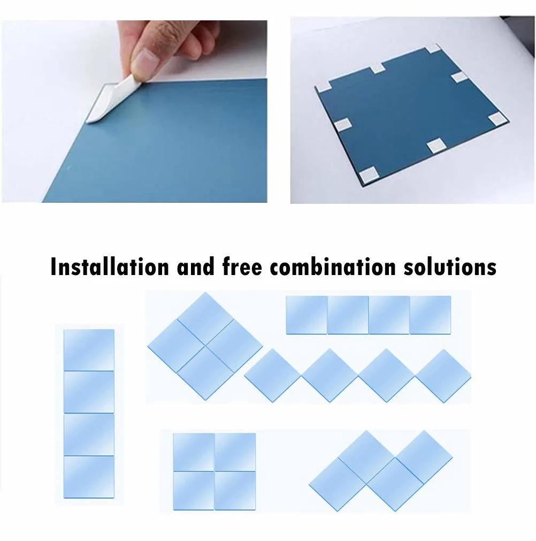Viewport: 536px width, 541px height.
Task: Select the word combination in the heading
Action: [x=333, y=266]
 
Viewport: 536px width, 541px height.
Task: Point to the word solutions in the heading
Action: [x=450, y=266]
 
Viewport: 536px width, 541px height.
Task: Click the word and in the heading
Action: [x=196, y=266]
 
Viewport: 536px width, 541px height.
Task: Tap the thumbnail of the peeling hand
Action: [x=134, y=111]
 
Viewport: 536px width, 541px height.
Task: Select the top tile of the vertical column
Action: [x=89, y=350]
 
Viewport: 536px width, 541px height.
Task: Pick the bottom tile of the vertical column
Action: [x=89, y=477]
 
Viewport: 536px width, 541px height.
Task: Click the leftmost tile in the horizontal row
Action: [x=307, y=315]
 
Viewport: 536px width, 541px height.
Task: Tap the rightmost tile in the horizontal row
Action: [x=430, y=315]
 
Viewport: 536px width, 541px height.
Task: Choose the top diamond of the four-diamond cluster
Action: [x=205, y=319]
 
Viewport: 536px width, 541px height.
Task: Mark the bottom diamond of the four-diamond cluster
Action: [x=205, y=373]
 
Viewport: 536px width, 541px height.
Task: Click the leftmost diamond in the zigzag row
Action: [x=272, y=376]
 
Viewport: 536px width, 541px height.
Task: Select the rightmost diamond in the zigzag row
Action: [x=443, y=376]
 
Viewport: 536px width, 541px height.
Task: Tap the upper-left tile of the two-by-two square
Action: [x=194, y=452]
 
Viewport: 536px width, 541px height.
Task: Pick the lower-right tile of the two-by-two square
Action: [x=235, y=490]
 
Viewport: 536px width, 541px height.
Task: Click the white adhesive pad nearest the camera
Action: [x=369, y=174]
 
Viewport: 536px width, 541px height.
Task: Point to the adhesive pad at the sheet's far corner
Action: [x=433, y=49]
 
